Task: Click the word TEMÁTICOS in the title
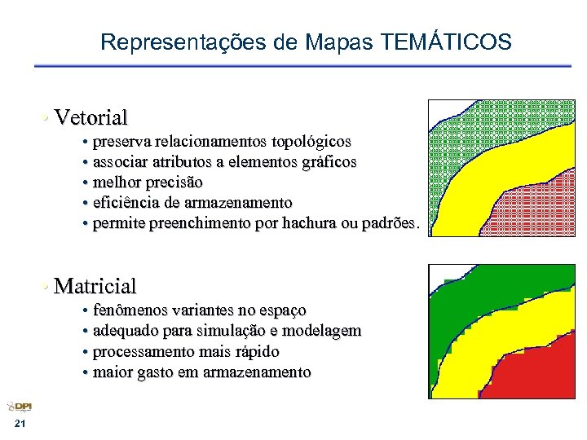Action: click(446, 42)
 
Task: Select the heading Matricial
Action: click(95, 286)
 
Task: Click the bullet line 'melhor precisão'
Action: click(148, 183)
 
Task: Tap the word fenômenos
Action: click(132, 310)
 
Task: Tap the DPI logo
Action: click(20, 407)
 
